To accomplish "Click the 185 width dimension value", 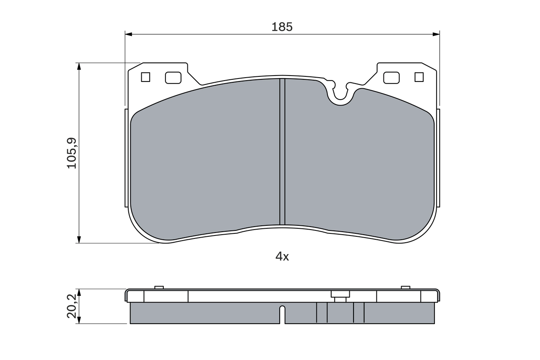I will coord(282,27).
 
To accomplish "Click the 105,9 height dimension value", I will coord(72,153).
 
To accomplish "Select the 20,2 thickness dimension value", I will coord(72,306).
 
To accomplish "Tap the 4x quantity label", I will coord(282,256).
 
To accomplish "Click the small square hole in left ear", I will coord(146,77).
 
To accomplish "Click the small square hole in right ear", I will coord(419,77).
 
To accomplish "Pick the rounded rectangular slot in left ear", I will coord(173,77).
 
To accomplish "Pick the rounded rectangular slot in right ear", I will coord(391,77).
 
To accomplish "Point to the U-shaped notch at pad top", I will coord(340,95).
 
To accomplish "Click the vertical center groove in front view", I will coord(282,152).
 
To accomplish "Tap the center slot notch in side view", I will coord(282,314).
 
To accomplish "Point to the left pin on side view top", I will coord(159,287).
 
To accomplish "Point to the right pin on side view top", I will coord(405,287).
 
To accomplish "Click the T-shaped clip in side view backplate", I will coord(340,295).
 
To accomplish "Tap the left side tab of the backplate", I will coord(126,158).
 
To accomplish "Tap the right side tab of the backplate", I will coord(438,158).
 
